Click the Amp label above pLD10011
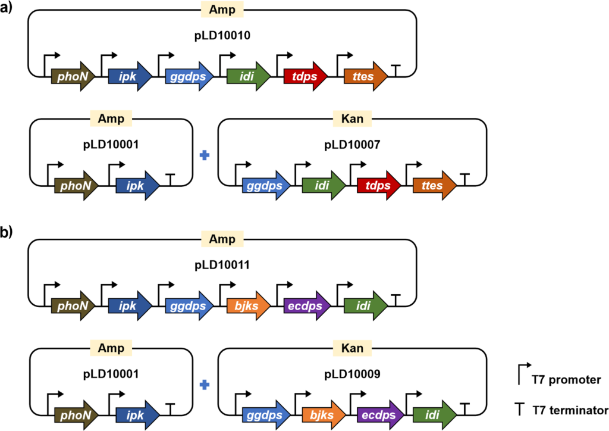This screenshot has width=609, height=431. (222, 239)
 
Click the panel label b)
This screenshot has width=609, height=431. (11, 233)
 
